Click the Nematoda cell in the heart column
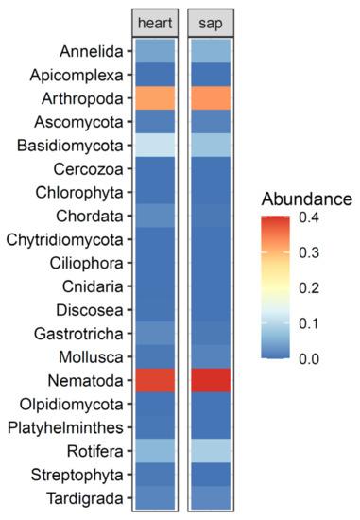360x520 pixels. tap(155, 380)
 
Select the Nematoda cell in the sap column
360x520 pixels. tap(211, 380)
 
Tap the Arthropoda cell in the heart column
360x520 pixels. tap(155, 98)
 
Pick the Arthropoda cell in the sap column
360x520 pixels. tap(211, 98)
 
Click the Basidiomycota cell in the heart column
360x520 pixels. tap(155, 146)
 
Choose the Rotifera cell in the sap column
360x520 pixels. tap(211, 451)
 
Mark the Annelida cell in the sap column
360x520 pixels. tap(211, 51)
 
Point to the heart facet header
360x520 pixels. tap(155, 23)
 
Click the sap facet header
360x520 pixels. tap(211, 23)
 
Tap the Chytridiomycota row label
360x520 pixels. tap(64, 240)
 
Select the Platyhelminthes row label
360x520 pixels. tap(65, 427)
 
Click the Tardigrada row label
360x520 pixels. tap(84, 498)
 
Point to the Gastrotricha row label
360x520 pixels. tap(78, 334)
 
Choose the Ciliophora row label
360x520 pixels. tap(87, 264)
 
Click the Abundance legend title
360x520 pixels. tap(307, 199)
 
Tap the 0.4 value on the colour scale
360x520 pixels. tap(309, 217)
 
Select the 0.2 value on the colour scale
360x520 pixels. tap(309, 287)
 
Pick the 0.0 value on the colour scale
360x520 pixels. tap(309, 359)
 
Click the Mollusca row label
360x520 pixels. tap(91, 357)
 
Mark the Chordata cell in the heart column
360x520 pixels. tap(155, 216)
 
